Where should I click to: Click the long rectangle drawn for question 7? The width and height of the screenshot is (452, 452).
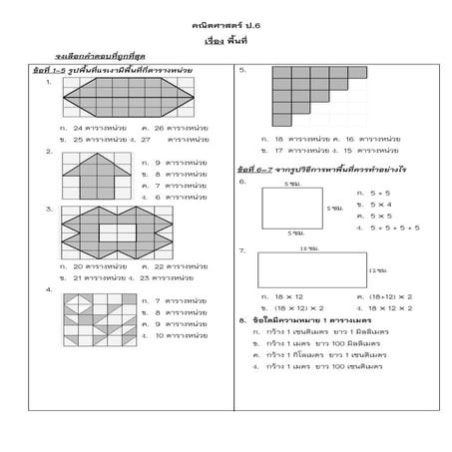click(310, 269)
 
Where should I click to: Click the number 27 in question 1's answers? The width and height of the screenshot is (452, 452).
click(147, 140)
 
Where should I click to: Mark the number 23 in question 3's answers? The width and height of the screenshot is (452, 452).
click(147, 276)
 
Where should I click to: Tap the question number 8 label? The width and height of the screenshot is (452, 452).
click(243, 319)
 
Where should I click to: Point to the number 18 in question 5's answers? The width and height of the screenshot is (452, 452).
click(278, 138)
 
